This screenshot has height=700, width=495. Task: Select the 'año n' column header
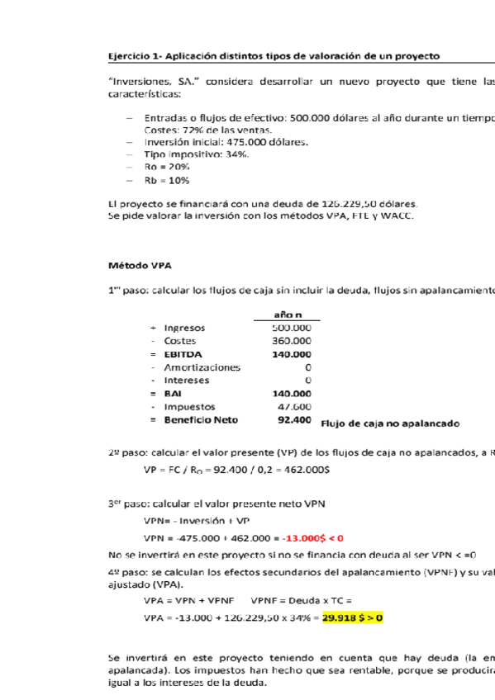click(x=287, y=315)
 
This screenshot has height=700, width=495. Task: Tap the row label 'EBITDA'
click(x=183, y=354)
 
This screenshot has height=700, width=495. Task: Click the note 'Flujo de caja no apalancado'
click(x=389, y=423)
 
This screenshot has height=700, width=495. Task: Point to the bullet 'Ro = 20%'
click(x=167, y=167)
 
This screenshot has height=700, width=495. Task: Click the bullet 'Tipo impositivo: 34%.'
click(x=197, y=154)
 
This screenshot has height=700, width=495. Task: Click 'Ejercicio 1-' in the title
click(x=136, y=56)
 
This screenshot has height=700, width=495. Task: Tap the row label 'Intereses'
click(x=187, y=381)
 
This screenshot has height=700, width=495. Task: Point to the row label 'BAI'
click(x=174, y=394)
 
